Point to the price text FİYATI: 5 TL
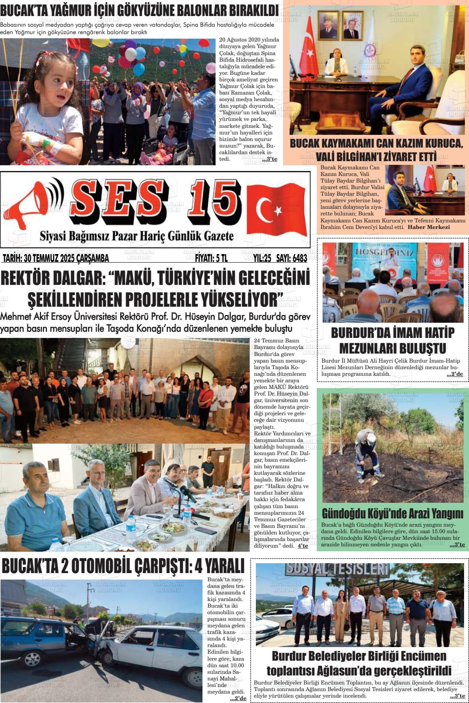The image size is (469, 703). click(x=211, y=258)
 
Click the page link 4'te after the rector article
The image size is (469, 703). click(x=302, y=546)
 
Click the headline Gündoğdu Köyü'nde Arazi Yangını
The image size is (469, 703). click(x=392, y=514)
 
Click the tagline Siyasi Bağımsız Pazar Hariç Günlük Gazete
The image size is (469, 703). click(x=137, y=236)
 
